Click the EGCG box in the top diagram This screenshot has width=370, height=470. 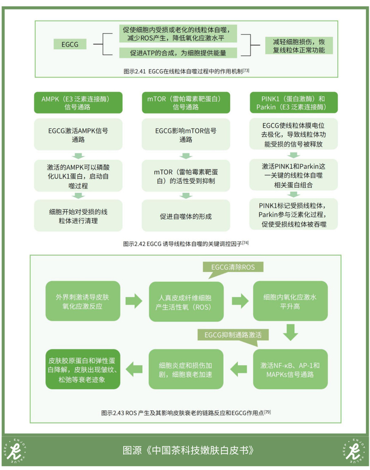click(70, 44)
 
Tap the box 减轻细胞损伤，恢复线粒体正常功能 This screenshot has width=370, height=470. click(299, 45)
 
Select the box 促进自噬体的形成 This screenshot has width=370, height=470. click(186, 216)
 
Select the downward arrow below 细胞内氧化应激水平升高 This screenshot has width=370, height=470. click(290, 332)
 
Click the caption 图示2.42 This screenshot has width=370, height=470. click(185, 243)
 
